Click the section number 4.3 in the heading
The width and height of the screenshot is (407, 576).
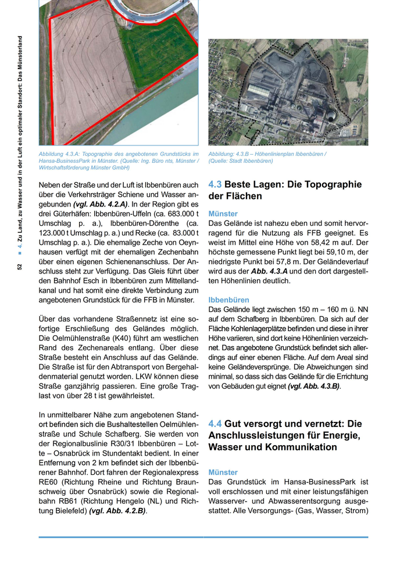pyautogui.click(x=215, y=184)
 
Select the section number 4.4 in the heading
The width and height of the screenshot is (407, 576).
pyautogui.click(x=215, y=424)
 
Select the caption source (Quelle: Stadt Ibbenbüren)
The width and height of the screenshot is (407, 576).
pyautogui.click(x=241, y=161)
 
